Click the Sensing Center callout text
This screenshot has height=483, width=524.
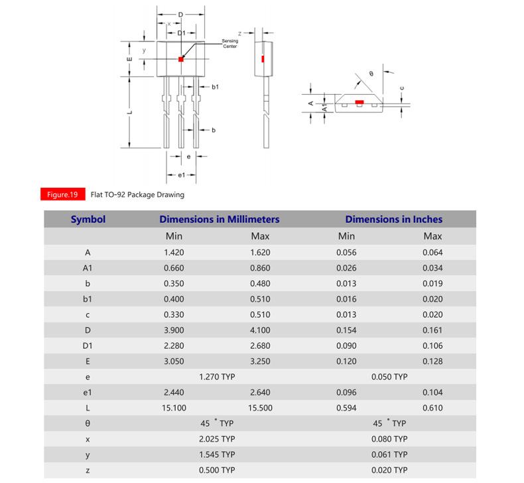(x=230, y=44)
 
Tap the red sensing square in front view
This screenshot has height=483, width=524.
(x=181, y=59)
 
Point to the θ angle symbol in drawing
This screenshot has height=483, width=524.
(x=371, y=74)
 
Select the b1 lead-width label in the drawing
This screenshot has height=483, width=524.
(x=216, y=87)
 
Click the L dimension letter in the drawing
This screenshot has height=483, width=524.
(x=130, y=111)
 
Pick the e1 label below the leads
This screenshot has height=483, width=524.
(x=181, y=174)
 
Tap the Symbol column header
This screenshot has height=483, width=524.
(x=88, y=219)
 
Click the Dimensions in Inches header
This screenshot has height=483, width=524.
(x=393, y=219)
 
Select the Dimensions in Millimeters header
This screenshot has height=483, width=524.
(x=219, y=219)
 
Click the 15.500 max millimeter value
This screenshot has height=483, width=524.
(x=260, y=408)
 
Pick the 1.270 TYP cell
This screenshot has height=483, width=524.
(x=217, y=377)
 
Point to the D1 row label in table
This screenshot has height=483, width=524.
(x=88, y=346)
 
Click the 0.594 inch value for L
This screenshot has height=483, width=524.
(x=346, y=408)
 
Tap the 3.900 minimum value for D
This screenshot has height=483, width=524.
(x=174, y=330)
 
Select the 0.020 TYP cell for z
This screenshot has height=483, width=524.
(x=389, y=470)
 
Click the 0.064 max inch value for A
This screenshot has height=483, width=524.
(x=432, y=252)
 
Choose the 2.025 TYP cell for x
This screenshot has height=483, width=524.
(x=217, y=439)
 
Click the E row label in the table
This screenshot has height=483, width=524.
(x=88, y=362)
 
